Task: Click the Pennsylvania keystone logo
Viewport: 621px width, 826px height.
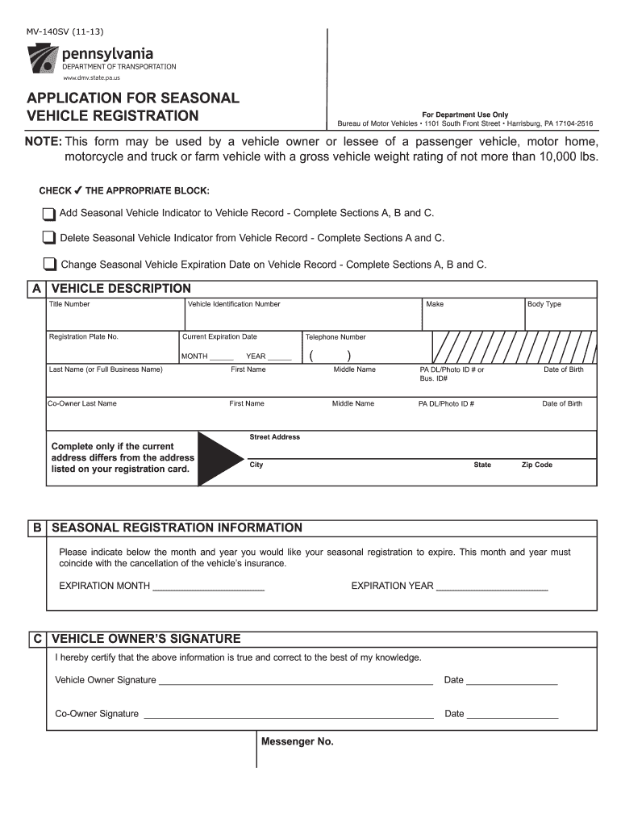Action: click(x=42, y=59)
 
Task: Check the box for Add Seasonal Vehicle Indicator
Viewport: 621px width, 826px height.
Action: click(x=49, y=214)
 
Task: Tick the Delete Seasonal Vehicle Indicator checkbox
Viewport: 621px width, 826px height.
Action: click(x=49, y=239)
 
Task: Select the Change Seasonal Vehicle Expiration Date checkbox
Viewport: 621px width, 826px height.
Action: click(x=50, y=265)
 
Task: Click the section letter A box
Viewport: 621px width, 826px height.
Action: click(x=36, y=289)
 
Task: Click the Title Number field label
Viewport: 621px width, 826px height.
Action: click(x=69, y=304)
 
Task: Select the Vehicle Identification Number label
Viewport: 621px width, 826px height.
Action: click(x=234, y=304)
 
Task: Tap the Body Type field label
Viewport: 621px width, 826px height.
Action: click(x=544, y=304)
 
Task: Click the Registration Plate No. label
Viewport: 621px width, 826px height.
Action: click(x=84, y=336)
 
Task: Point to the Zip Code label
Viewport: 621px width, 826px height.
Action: click(x=537, y=465)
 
